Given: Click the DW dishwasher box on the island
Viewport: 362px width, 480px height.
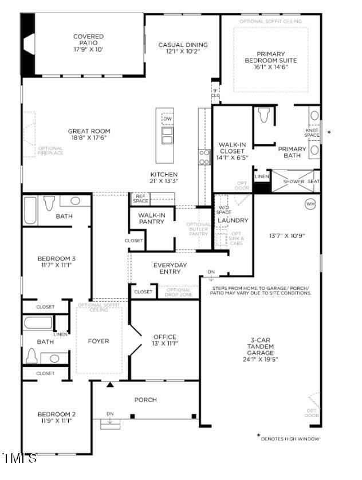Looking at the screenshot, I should tap(167, 119).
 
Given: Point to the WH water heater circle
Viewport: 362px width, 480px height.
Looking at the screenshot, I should tap(310, 203).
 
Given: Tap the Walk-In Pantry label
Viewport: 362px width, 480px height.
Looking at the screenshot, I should tap(151, 218).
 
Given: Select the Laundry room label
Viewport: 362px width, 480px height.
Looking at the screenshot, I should tap(233, 220).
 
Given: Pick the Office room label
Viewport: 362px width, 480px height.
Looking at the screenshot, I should tap(165, 337).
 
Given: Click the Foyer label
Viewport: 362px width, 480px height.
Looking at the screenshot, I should tap(99, 341).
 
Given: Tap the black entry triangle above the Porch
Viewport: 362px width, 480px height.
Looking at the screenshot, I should tap(110, 384).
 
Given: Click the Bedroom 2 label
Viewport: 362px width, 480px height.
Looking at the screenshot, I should tap(56, 414).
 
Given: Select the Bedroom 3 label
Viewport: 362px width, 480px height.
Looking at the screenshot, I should tap(56, 258).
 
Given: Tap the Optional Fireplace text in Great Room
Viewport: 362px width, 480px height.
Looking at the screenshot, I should tap(50, 151).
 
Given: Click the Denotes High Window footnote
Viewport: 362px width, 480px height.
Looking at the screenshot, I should tap(289, 438).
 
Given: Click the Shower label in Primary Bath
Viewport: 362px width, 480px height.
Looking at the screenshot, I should tap(294, 182).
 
